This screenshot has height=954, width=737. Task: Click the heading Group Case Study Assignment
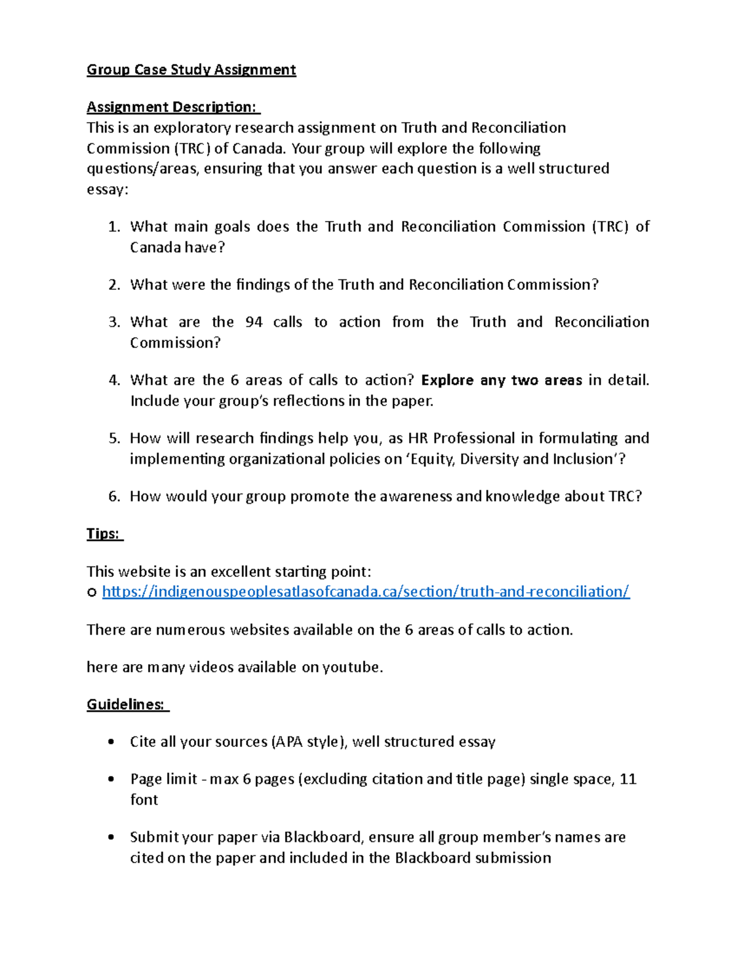tap(191, 70)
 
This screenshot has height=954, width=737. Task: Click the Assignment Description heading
tap(173, 108)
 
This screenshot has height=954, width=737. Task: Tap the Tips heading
tap(104, 534)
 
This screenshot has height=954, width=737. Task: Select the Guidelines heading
tap(127, 705)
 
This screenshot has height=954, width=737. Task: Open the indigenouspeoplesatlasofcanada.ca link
tap(365, 592)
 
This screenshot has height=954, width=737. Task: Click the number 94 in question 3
tap(254, 323)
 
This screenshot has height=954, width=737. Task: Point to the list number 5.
tap(114, 439)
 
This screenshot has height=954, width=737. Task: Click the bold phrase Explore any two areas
tap(501, 381)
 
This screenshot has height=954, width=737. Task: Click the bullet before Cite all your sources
tap(111, 742)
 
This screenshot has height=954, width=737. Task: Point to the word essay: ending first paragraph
tap(107, 190)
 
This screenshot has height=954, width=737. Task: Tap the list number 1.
tap(114, 227)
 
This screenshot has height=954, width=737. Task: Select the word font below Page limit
tap(144, 800)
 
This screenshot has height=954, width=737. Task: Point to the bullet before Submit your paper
tap(111, 837)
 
